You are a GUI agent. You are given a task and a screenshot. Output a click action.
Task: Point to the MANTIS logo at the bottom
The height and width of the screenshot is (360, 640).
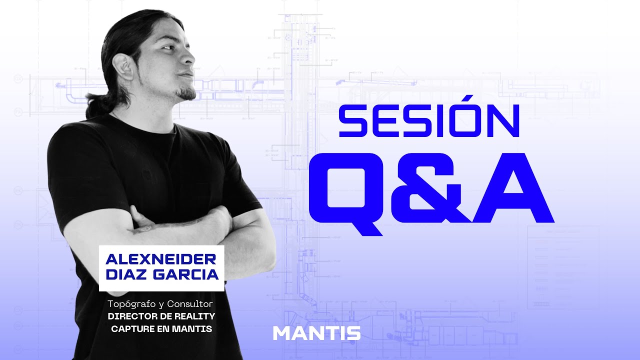316,333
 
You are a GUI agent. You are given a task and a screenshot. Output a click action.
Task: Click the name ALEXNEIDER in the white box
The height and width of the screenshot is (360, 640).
161,259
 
